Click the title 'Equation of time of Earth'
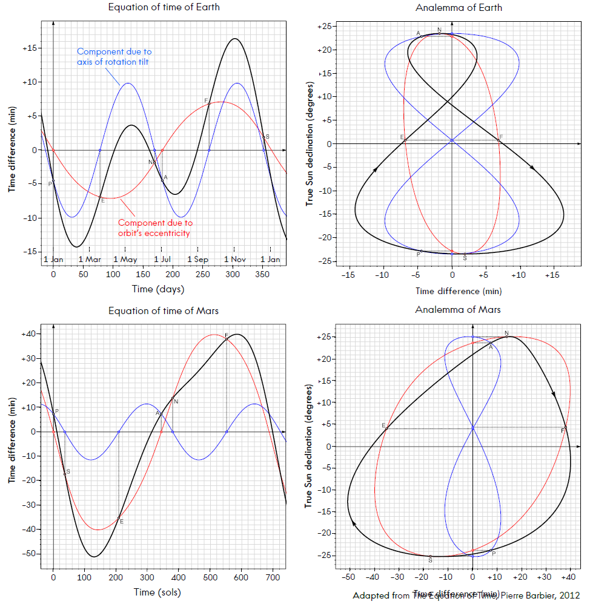click(x=164, y=8)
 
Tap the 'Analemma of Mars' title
click(x=459, y=310)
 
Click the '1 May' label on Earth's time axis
click(x=125, y=260)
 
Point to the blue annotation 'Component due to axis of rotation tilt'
click(x=114, y=56)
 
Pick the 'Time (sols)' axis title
click(x=157, y=592)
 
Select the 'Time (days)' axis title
click(x=157, y=289)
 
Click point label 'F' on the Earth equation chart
click(x=206, y=100)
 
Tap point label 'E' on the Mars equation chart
click(x=122, y=522)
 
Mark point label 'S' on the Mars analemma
click(x=430, y=561)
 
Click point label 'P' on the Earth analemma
click(x=419, y=254)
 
